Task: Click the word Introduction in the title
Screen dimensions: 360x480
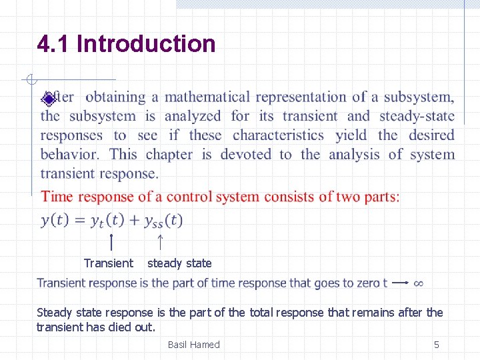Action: point(147,44)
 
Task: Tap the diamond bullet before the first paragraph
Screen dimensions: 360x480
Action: point(48,99)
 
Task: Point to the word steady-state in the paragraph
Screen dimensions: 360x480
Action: point(417,116)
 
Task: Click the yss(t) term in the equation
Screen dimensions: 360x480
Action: point(163,220)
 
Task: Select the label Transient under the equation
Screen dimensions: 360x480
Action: point(109,263)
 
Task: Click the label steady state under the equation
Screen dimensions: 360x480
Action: point(179,263)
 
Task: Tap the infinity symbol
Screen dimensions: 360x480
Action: point(418,283)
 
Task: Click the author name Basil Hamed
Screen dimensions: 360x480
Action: point(193,345)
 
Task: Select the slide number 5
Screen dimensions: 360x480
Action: point(437,345)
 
